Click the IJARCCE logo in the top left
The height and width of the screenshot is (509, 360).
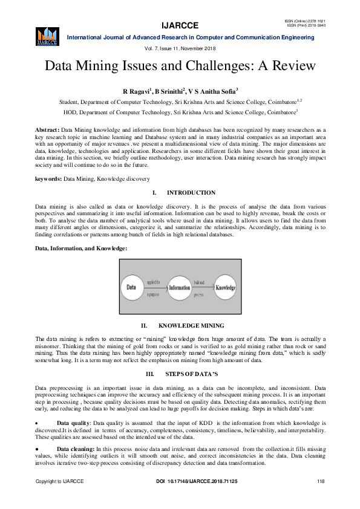point(47,36)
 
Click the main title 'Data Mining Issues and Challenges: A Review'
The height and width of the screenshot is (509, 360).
point(180,65)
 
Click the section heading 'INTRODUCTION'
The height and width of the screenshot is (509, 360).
point(191,193)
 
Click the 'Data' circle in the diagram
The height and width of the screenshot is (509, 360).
point(130,288)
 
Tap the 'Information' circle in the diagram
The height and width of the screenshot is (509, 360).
point(179,288)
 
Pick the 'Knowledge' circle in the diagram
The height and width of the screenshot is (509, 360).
point(225,288)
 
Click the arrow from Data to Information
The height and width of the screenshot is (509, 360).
point(154,288)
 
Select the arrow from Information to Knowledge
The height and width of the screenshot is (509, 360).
point(202,288)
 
